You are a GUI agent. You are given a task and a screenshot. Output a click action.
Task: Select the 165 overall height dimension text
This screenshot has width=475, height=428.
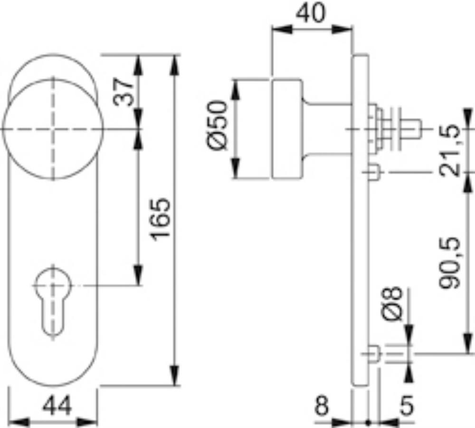161,219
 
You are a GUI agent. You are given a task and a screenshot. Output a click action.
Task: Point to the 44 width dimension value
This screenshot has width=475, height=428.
57,405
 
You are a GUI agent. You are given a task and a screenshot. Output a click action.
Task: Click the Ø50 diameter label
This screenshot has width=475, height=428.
217,125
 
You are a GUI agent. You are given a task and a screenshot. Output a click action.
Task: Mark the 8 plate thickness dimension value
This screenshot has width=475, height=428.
322,405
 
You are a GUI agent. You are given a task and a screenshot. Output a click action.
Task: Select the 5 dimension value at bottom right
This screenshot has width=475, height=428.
407,405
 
